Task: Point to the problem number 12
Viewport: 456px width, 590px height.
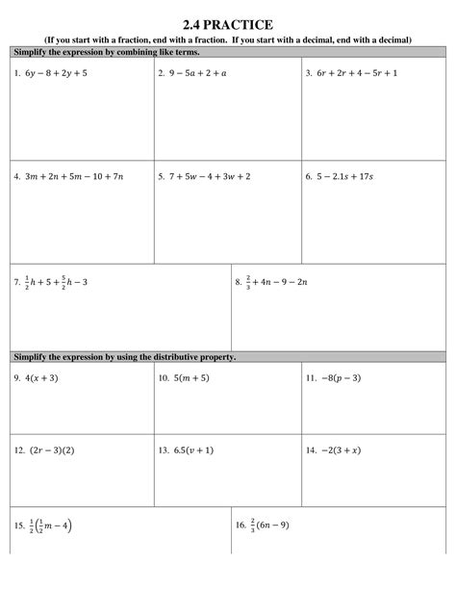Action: [x=19, y=449]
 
